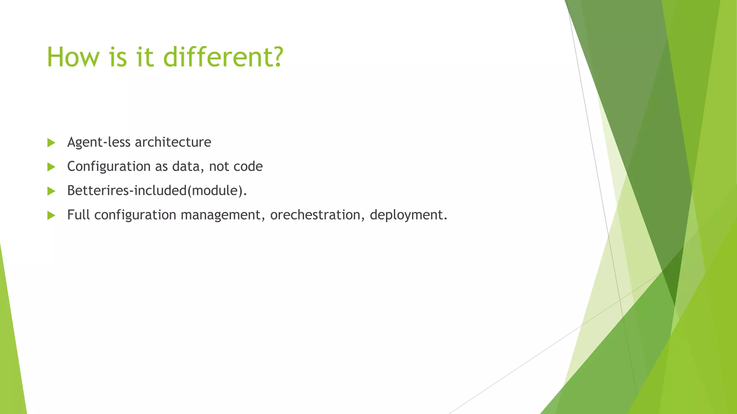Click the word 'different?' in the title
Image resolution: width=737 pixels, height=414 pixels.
click(223, 57)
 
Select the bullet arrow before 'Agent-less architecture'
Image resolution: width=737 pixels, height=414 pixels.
click(51, 143)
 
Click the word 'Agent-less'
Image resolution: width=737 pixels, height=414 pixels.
click(99, 143)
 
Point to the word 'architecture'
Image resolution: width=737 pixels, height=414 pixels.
click(173, 143)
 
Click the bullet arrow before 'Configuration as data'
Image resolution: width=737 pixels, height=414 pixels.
click(51, 167)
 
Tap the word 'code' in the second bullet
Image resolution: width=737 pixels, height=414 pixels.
click(248, 167)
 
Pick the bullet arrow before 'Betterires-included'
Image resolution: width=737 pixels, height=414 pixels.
click(51, 191)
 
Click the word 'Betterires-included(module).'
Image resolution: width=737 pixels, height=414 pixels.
click(157, 191)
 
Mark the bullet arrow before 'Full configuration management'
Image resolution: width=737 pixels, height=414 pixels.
click(51, 215)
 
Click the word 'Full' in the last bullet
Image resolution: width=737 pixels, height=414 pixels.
click(78, 215)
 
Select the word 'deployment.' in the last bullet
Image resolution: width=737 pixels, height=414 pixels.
click(408, 215)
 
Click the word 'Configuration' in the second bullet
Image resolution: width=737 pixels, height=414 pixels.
click(109, 167)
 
